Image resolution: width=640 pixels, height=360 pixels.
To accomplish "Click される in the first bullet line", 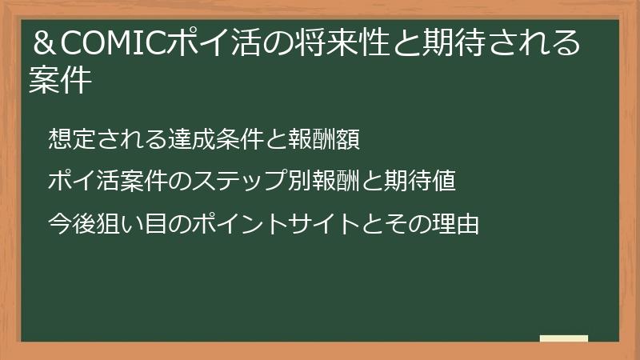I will pyautogui.click(x=127, y=139).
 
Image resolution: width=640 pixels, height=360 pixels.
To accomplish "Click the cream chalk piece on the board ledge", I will pyautogui.click(x=564, y=338).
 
